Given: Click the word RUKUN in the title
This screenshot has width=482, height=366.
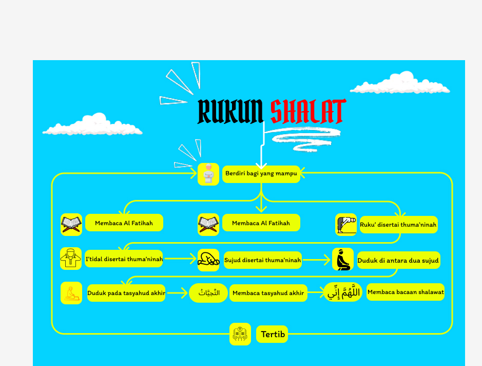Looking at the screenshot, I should (x=230, y=112).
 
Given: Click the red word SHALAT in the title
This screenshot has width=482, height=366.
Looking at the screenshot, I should (x=307, y=112).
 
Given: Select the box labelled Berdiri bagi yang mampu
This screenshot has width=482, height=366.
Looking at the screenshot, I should (x=261, y=174).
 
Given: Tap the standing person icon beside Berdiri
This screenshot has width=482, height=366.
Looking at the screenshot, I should (x=208, y=174).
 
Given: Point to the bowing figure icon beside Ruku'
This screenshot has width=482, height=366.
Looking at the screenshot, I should (x=346, y=225).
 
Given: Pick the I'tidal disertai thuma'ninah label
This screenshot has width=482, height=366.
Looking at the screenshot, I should (x=124, y=259).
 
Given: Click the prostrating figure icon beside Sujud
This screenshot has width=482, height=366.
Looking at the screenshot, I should (x=208, y=261).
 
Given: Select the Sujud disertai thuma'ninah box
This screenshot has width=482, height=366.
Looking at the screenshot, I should (x=262, y=260).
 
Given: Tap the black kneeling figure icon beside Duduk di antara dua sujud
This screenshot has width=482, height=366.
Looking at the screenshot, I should (x=342, y=260).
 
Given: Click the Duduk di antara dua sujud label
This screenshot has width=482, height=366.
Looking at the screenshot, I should (x=398, y=261).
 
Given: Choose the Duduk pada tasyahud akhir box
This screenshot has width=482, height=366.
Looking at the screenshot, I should (x=126, y=293).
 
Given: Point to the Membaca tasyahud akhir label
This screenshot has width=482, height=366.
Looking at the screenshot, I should (x=268, y=293).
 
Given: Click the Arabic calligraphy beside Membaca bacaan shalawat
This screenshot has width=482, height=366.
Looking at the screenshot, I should (x=343, y=292).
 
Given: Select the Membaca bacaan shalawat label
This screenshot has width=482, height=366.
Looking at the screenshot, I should (x=406, y=292).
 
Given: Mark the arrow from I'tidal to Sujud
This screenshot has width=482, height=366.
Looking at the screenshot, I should (x=180, y=260).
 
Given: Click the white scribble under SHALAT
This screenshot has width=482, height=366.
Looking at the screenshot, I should (x=306, y=138).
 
